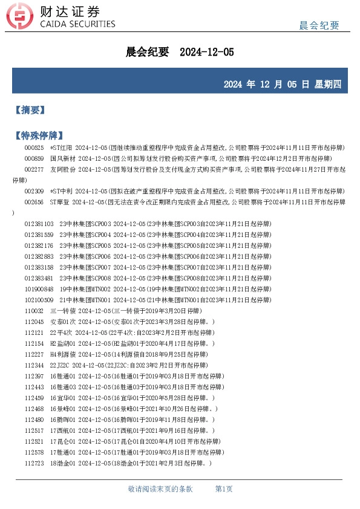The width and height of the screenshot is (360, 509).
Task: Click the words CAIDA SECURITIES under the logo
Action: [77, 24]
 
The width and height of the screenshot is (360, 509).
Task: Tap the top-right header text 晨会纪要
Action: [319, 25]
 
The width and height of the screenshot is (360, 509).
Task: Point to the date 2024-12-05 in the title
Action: [207, 53]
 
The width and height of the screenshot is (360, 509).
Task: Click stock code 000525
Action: [34, 148]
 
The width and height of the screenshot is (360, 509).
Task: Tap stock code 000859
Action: [34, 158]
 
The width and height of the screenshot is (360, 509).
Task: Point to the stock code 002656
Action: [34, 202]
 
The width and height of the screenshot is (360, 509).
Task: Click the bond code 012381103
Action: [39, 224]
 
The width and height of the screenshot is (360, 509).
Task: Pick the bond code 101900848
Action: [39, 289]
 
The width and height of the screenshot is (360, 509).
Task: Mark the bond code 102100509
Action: [39, 300]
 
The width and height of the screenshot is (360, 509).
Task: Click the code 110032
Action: [34, 311]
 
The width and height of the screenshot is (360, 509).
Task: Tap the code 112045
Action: [34, 322]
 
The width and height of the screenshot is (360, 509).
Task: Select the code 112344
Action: [34, 365]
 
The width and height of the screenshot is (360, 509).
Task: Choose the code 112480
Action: [34, 420]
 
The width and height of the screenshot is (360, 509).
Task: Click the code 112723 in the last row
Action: [34, 463]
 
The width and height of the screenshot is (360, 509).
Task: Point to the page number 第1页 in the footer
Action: [224, 488]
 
